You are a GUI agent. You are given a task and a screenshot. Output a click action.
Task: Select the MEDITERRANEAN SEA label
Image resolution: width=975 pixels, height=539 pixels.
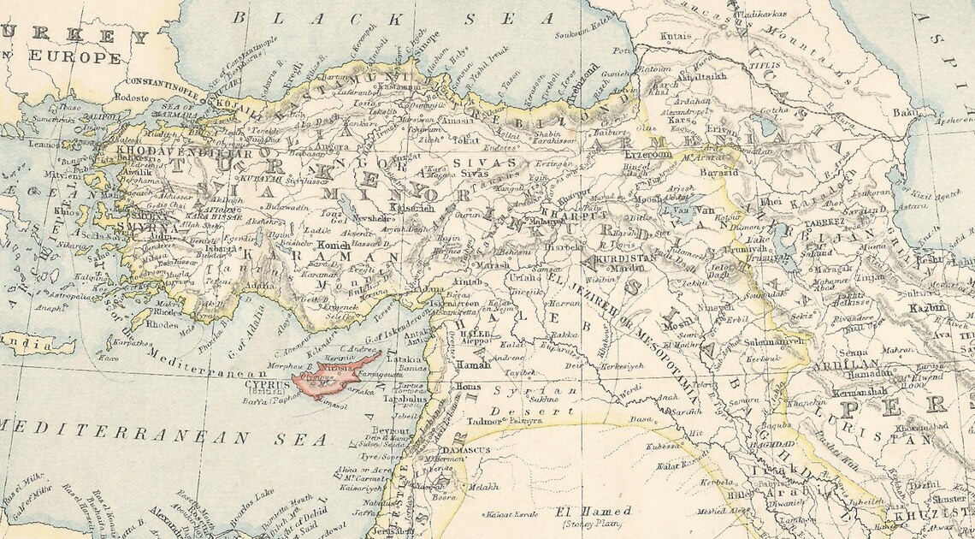tap(162, 435)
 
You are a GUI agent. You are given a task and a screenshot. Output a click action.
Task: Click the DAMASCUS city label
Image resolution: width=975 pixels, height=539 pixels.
tap(463, 449)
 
